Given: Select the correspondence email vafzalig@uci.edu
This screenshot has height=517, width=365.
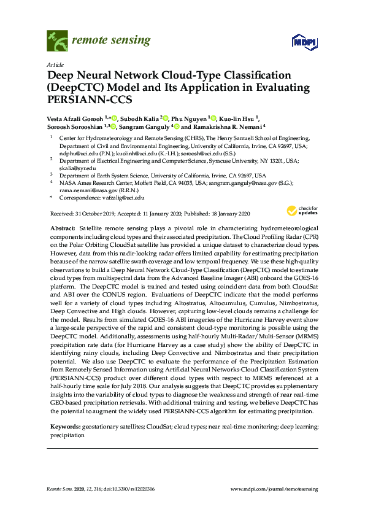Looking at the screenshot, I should click(x=123, y=198).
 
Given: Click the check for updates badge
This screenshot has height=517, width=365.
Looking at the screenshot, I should click(x=301, y=211).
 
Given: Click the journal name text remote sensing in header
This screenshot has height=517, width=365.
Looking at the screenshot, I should click(x=111, y=41).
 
